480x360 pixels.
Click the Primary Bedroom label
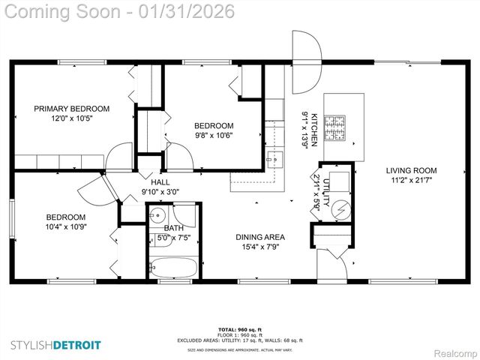(71, 109)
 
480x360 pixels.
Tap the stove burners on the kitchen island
(339, 128)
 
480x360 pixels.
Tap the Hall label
(160, 182)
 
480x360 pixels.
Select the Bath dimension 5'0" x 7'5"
(173, 238)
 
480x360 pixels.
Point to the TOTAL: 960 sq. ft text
(240, 329)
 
